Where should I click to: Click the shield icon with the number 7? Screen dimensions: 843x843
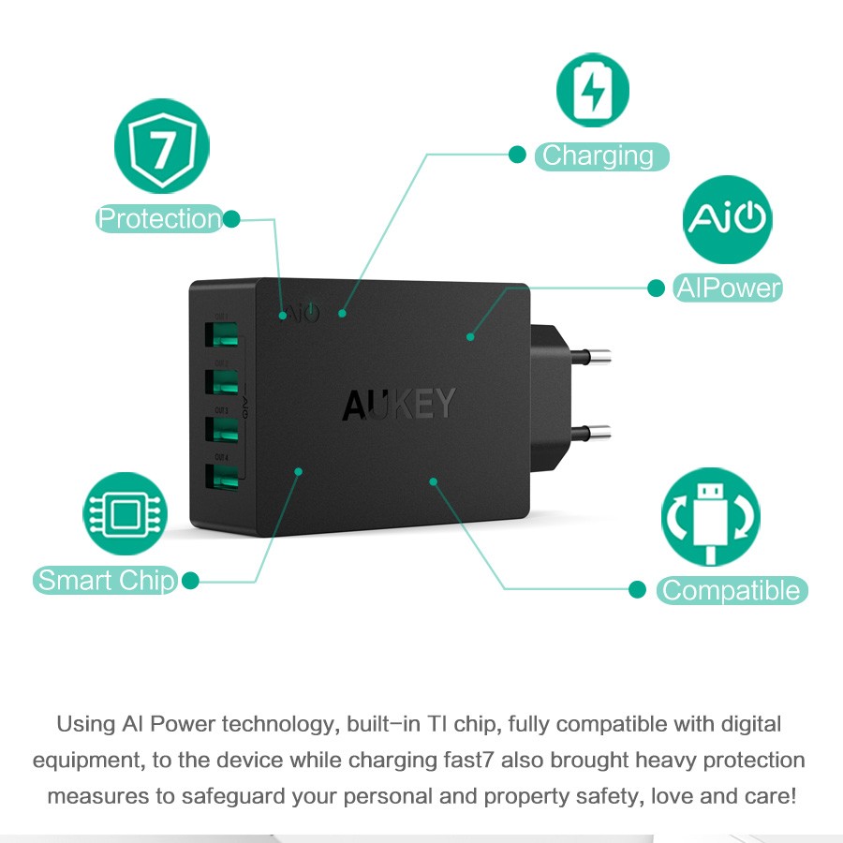161,147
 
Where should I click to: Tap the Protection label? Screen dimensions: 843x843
159,219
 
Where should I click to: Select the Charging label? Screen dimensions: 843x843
600,155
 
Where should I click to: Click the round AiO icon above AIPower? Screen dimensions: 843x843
728,218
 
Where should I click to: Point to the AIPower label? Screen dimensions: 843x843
728,288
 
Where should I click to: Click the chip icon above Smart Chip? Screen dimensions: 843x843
125,513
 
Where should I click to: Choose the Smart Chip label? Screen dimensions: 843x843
107,581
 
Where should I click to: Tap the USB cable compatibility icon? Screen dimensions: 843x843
710,518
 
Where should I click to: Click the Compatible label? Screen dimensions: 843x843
731,591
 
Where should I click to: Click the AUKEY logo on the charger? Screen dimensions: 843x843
399,404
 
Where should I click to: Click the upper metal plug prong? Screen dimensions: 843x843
589,356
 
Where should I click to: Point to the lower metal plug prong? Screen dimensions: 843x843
589,432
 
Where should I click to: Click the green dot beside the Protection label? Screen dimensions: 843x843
231,219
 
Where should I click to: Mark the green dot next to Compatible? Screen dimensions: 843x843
638,589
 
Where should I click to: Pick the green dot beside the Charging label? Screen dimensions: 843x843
517,155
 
